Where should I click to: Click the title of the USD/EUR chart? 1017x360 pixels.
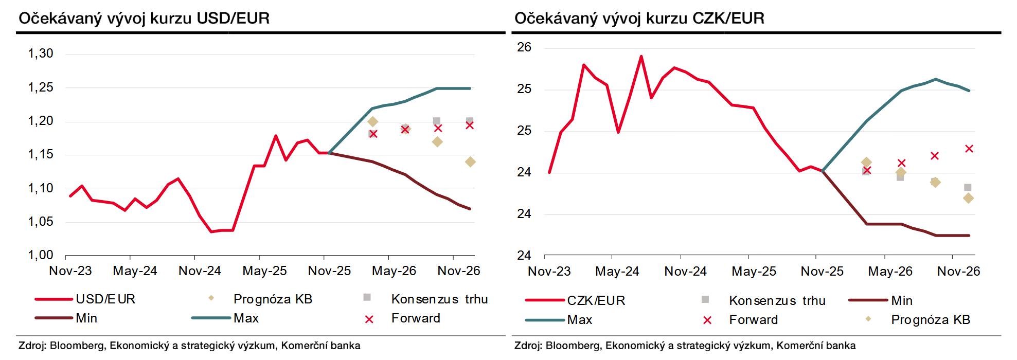coord(144,19)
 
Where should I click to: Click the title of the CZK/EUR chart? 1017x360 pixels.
coord(639,19)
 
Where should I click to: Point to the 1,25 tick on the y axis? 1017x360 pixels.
coord(41,87)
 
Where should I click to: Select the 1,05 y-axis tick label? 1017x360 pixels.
coord(41,222)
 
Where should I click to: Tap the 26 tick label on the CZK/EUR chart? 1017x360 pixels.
coord(524,47)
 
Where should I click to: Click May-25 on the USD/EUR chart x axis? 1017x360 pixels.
coord(264,271)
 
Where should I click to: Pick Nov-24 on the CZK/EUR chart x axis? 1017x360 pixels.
coord(685,272)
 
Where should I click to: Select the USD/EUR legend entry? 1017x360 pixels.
coord(105,299)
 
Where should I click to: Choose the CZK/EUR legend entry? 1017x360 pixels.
coord(596,301)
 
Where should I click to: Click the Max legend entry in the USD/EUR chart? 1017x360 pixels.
coord(246,318)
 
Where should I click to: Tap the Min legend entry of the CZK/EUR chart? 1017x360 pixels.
coord(902,301)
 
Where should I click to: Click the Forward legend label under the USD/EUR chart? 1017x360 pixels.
coord(416,318)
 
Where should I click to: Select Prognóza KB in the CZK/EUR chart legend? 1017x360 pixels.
coord(930,320)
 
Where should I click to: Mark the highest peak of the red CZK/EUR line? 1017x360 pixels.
coord(641,56)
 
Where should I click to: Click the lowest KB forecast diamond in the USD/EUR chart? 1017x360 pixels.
coord(470,162)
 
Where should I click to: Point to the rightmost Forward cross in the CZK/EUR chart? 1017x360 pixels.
coord(969,149)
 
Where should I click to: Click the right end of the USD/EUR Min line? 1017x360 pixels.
coord(470,209)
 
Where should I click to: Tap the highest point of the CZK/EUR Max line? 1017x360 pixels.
coord(936,79)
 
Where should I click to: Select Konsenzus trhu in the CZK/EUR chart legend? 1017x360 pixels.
coord(777,301)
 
